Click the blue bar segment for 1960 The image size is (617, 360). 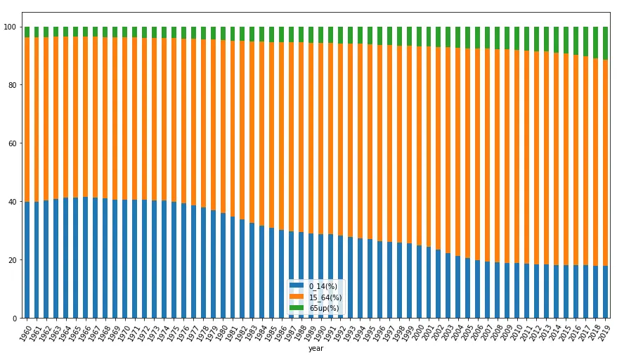point(27,260)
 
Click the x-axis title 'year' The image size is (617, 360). point(316,349)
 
